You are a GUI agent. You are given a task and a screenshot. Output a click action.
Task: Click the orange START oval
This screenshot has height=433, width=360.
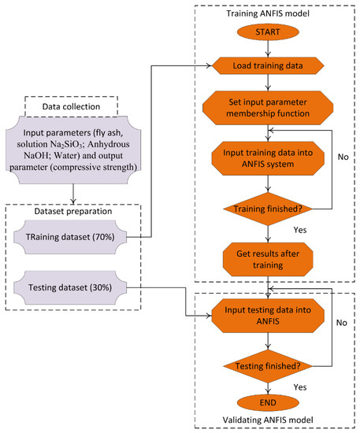click(268, 32)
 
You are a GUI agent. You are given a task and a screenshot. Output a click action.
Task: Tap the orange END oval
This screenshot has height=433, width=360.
click(268, 402)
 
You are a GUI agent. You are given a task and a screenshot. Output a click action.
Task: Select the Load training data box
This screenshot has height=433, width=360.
click(268, 65)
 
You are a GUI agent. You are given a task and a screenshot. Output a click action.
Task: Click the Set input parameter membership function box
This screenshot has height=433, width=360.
click(268, 108)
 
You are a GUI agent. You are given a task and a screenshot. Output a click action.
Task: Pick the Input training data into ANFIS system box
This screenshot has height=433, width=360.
click(268, 158)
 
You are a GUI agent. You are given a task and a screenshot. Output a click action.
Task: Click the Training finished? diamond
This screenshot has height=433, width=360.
click(268, 209)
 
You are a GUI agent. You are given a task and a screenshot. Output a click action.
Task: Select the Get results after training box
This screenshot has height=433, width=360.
click(268, 260)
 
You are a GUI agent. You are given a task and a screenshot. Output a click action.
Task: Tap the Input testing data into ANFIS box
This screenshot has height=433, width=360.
click(268, 316)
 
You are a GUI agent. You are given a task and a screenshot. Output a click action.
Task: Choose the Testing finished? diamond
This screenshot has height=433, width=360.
click(268, 366)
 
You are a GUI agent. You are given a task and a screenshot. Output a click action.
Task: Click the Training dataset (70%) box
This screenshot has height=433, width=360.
click(70, 237)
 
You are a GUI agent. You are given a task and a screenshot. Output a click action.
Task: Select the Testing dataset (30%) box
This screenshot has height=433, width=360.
click(70, 287)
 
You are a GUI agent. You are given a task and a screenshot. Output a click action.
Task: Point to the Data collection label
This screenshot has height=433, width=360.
click(71, 106)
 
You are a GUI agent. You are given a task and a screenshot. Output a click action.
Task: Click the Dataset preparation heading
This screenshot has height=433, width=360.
click(73, 211)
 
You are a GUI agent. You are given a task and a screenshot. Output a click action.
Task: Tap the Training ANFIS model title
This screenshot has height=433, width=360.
click(268, 13)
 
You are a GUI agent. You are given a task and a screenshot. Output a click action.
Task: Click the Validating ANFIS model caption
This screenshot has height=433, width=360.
click(268, 420)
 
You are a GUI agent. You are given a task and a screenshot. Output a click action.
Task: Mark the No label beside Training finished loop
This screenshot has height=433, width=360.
click(343, 157)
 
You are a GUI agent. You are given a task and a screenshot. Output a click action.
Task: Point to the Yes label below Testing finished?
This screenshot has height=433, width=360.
click(300, 387)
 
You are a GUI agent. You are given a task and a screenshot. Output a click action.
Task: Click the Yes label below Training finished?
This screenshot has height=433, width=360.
click(300, 230)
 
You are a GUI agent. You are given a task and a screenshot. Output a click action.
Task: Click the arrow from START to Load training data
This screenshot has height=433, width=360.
click(268, 49)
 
